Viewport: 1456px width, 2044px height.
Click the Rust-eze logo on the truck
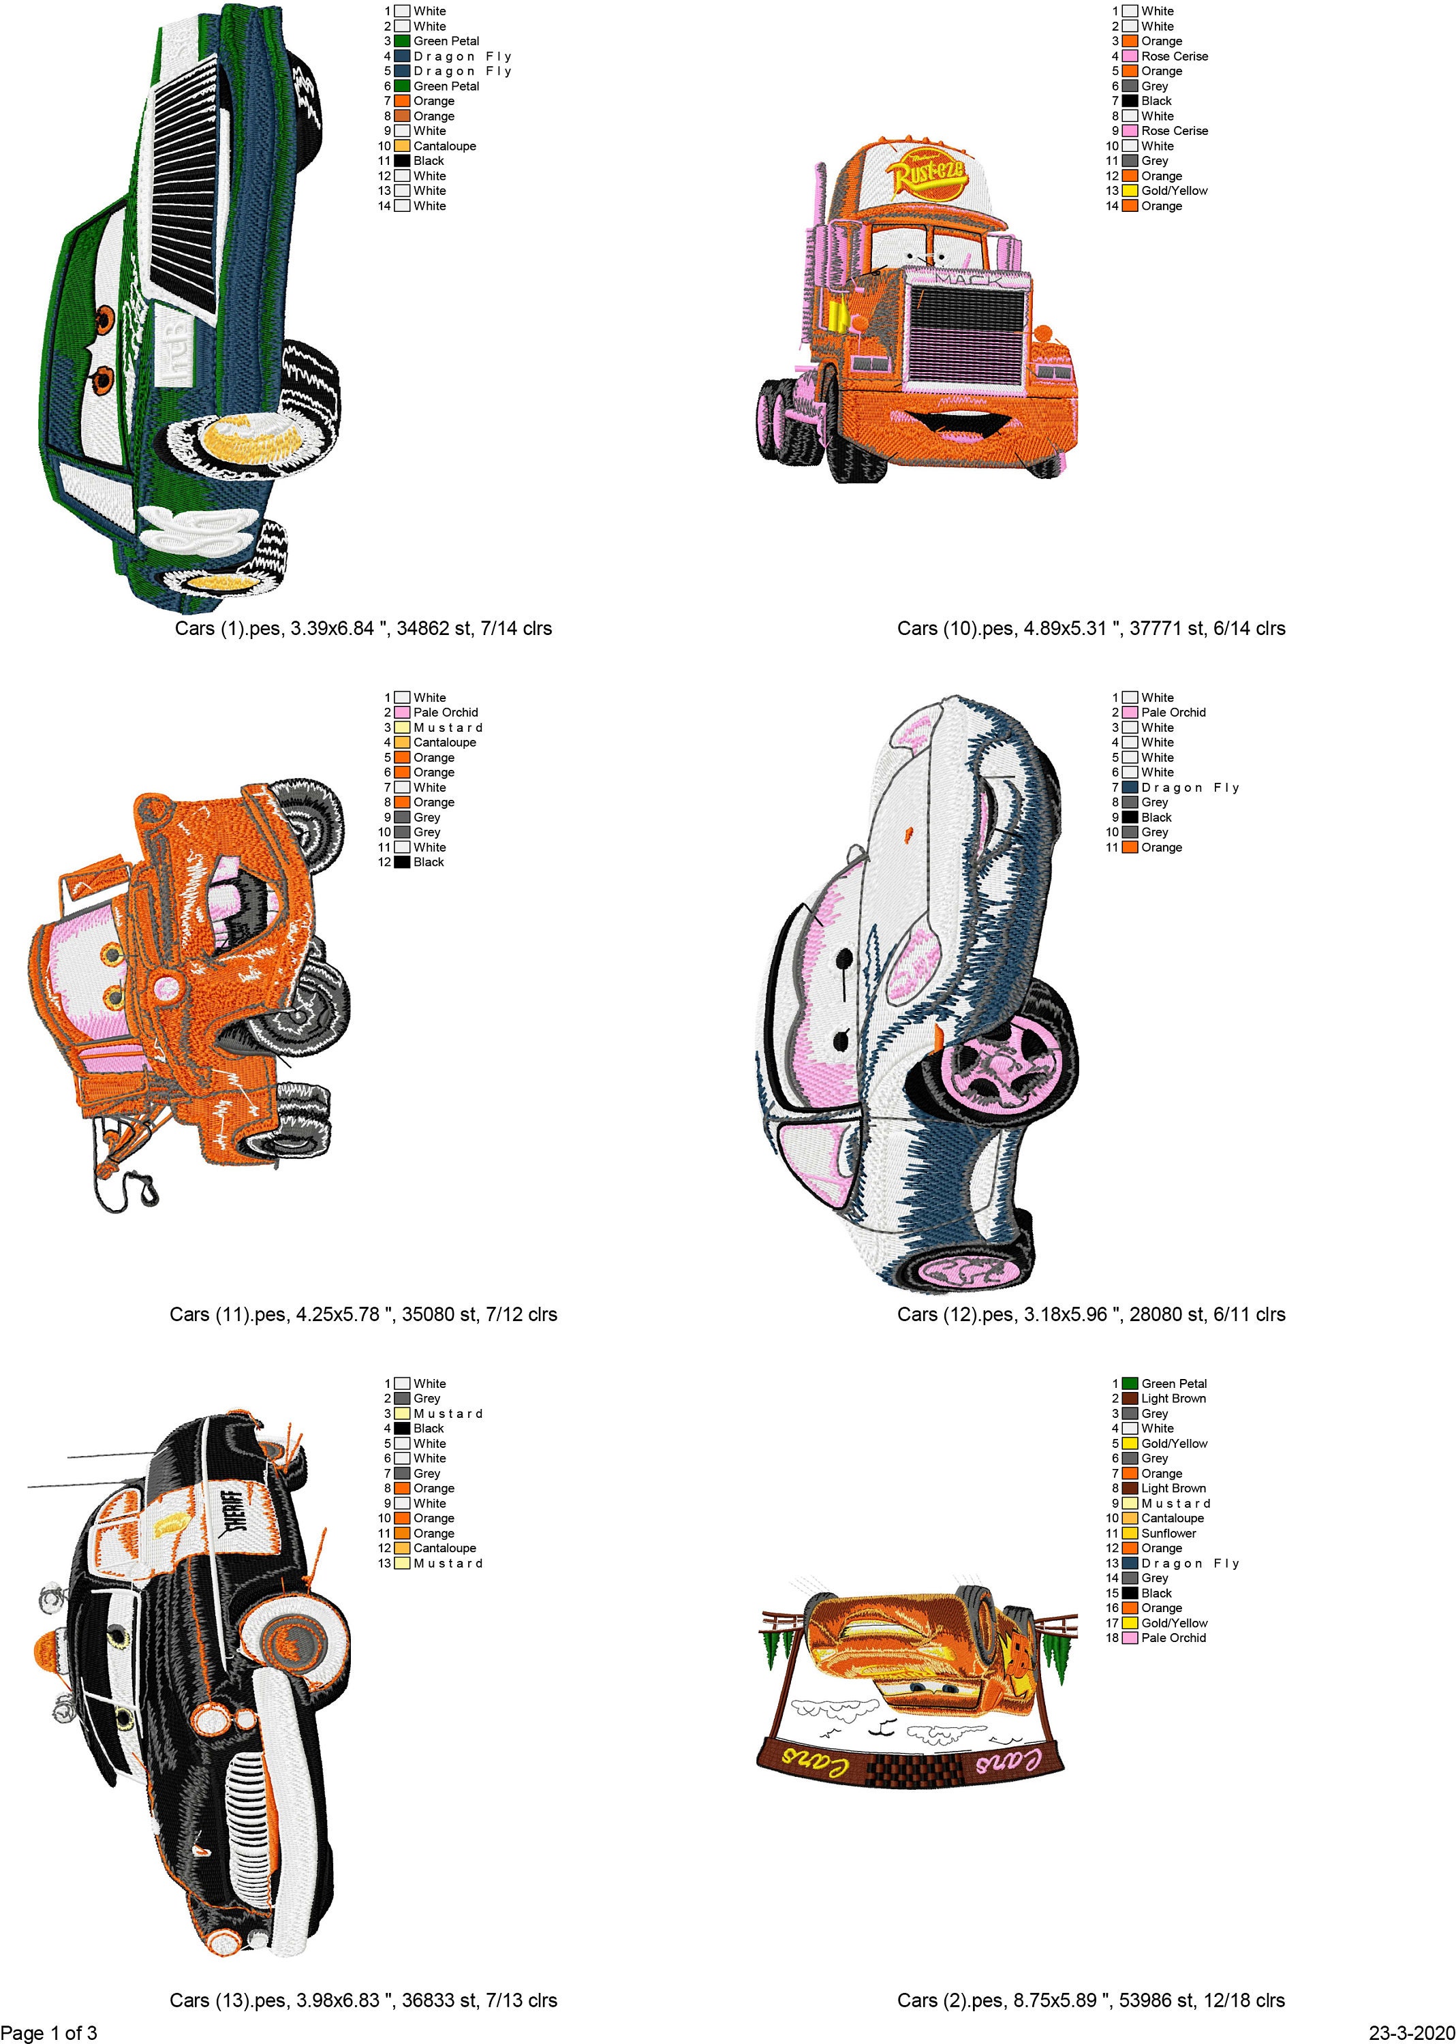[929, 174]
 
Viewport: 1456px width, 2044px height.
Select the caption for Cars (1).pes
[363, 628]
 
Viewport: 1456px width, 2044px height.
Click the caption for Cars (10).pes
[1091, 628]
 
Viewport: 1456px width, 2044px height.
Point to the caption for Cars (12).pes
[1091, 1314]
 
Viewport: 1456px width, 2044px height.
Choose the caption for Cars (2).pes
[1091, 2000]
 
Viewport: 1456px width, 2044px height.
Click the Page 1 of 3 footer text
[49, 2032]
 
